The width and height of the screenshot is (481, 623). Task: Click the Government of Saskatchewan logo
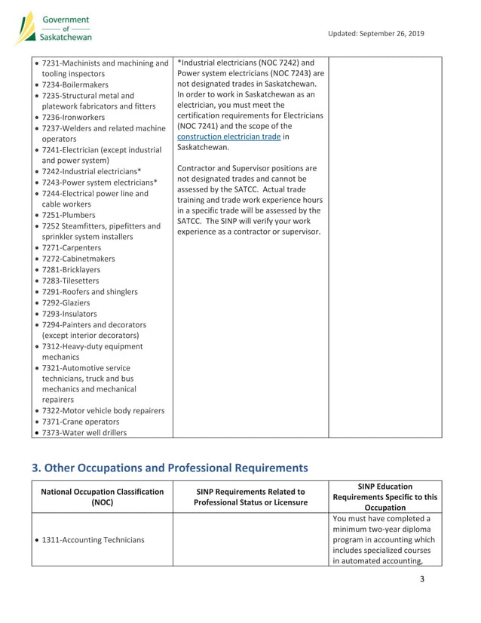tap(54, 28)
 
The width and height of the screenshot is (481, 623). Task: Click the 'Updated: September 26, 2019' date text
tap(376, 33)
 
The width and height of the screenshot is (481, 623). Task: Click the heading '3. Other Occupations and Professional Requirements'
tap(170, 468)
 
